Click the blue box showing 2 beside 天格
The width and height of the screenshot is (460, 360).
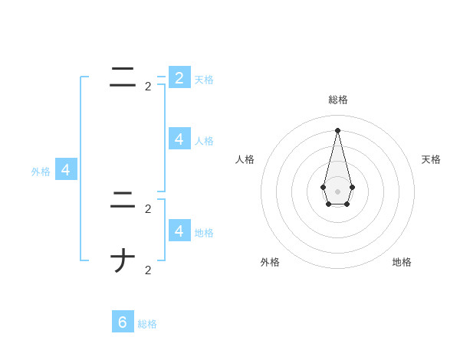(179, 77)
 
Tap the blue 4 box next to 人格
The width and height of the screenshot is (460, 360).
(179, 139)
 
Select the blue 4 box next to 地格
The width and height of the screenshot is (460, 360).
(179, 230)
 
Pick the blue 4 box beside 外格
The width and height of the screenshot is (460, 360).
(66, 170)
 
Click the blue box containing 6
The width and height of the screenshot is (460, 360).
(123, 322)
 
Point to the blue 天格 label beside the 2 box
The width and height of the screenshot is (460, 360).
(204, 79)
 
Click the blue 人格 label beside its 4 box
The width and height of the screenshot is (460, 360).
(204, 141)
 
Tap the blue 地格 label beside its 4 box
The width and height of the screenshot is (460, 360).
(204, 232)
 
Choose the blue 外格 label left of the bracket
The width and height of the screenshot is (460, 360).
(41, 172)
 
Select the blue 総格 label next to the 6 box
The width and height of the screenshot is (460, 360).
(147, 324)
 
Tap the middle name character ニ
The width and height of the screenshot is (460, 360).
(123, 201)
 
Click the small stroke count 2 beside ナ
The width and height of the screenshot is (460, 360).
(148, 270)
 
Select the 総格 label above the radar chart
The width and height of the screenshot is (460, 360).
(338, 100)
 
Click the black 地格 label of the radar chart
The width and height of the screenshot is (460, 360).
(402, 262)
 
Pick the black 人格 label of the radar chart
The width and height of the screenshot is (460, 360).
(245, 159)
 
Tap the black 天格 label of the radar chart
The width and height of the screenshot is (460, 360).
(431, 159)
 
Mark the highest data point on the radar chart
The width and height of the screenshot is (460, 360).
(337, 129)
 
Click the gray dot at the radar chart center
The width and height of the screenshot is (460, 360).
(337, 191)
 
